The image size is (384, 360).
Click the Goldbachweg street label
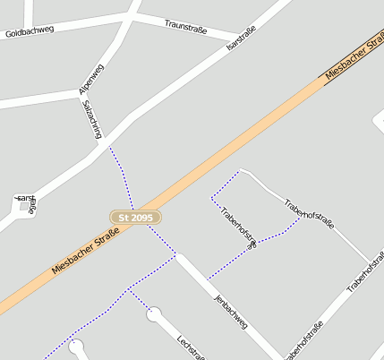(x=30, y=30)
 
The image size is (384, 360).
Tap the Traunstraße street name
(x=185, y=28)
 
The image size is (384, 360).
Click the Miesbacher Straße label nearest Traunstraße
(x=354, y=56)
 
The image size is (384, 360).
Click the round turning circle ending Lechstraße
(x=155, y=314)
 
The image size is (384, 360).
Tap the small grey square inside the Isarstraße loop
(x=23, y=207)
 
